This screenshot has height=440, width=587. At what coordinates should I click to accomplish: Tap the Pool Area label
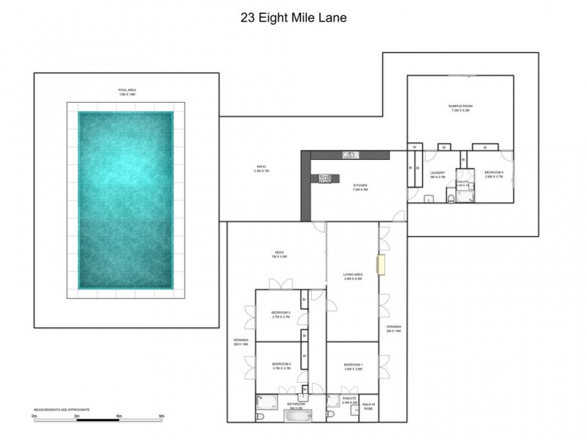tap(128, 91)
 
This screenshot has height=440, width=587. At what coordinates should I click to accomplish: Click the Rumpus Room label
tap(461, 109)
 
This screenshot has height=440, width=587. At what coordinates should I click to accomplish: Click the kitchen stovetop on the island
tap(325, 177)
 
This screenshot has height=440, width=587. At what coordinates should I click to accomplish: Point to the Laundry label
tap(438, 175)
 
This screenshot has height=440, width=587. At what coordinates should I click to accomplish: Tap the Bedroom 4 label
tap(493, 175)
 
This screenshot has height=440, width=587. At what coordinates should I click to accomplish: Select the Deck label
tap(279, 255)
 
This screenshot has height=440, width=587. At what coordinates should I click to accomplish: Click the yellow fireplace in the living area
tap(380, 264)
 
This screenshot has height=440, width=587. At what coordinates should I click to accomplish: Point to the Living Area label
tap(354, 277)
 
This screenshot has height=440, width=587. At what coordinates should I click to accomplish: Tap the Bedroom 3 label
tap(282, 314)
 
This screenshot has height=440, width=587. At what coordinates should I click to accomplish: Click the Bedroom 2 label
tap(282, 366)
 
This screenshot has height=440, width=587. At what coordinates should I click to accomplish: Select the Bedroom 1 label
tap(354, 366)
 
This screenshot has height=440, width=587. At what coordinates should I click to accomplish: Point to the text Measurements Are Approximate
tap(62, 409)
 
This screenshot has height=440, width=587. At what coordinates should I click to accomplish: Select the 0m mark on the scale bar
tap(34, 416)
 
